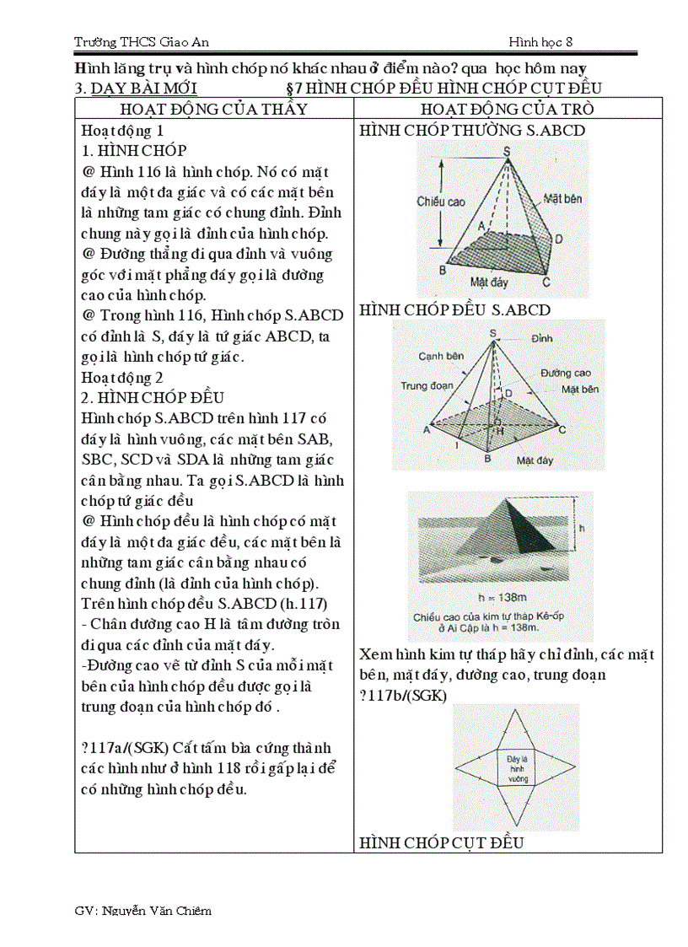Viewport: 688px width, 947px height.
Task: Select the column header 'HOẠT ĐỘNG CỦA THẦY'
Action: [x=214, y=110]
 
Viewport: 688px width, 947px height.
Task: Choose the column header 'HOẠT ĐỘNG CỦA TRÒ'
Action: [x=508, y=110]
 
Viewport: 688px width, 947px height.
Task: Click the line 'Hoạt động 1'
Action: [x=122, y=132]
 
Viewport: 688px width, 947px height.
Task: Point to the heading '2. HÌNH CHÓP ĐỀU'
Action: [x=153, y=398]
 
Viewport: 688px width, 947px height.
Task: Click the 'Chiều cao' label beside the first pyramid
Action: [x=441, y=202]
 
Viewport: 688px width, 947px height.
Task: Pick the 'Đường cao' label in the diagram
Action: [x=566, y=372]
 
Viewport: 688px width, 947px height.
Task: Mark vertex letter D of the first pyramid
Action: [x=558, y=239]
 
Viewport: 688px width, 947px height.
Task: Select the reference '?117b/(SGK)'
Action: [x=403, y=695]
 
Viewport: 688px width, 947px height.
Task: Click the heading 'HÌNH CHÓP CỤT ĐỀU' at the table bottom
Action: [x=442, y=842]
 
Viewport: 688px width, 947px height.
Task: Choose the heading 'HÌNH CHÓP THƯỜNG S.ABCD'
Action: [x=472, y=131]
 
